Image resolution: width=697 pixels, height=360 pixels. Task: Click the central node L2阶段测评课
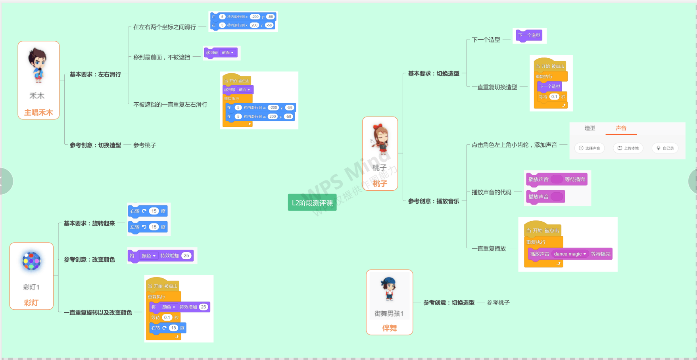(312, 203)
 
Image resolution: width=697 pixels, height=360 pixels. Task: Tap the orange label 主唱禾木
(38, 113)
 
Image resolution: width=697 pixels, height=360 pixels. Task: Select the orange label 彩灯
(31, 303)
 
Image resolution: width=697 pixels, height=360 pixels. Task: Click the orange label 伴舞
(389, 328)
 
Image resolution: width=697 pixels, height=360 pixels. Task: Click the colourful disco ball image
(31, 261)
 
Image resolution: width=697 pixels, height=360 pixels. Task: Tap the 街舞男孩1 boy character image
(389, 289)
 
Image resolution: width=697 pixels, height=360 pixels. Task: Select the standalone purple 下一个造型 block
(529, 35)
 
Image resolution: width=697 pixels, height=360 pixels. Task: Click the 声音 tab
(621, 128)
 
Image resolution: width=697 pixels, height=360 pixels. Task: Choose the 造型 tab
(590, 128)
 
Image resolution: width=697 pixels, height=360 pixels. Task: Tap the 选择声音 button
(589, 148)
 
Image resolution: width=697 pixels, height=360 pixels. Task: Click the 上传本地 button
(628, 148)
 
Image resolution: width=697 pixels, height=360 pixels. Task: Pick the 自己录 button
(665, 148)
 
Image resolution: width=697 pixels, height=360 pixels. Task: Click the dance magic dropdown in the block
(570, 254)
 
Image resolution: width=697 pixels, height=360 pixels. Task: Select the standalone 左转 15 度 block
(148, 227)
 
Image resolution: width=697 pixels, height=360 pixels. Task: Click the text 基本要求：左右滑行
(95, 75)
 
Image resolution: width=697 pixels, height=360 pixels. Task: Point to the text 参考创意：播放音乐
(434, 201)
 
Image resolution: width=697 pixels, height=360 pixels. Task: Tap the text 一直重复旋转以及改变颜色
(98, 313)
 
